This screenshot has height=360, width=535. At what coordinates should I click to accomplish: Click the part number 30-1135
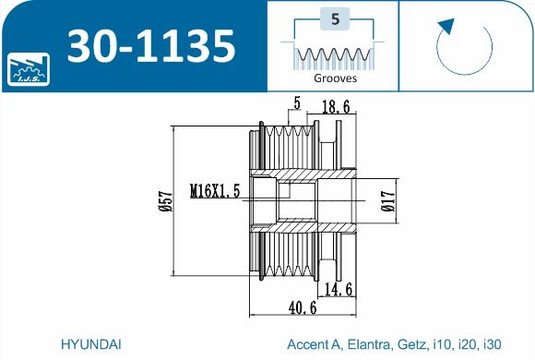151,46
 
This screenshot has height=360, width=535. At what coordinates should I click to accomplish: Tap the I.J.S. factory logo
29,69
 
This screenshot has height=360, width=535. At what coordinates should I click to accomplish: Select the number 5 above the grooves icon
335,18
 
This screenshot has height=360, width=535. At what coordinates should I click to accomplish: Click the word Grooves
335,78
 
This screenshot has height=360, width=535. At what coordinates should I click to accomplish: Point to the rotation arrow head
446,27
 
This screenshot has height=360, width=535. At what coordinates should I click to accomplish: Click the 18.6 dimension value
336,107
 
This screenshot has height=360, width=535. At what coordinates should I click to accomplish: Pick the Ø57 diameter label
166,201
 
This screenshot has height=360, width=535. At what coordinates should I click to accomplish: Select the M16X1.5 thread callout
215,191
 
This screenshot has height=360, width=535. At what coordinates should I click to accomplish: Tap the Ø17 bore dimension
388,201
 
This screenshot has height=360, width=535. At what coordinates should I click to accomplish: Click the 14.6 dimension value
339,290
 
